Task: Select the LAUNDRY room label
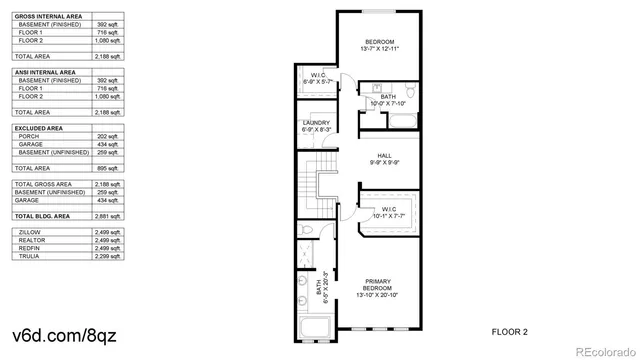(317, 123)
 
